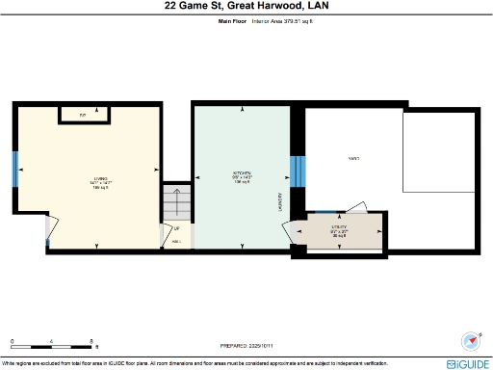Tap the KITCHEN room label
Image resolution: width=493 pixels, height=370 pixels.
241,177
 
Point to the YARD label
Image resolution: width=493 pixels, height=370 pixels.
353,158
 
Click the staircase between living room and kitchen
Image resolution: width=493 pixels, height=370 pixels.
176,203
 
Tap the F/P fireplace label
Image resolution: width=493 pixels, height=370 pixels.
83,116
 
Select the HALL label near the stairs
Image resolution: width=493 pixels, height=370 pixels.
175,240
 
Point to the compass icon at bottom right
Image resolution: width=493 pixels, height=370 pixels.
472,340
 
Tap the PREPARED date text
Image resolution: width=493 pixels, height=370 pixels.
246,343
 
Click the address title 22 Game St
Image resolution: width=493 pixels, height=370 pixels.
246,6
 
